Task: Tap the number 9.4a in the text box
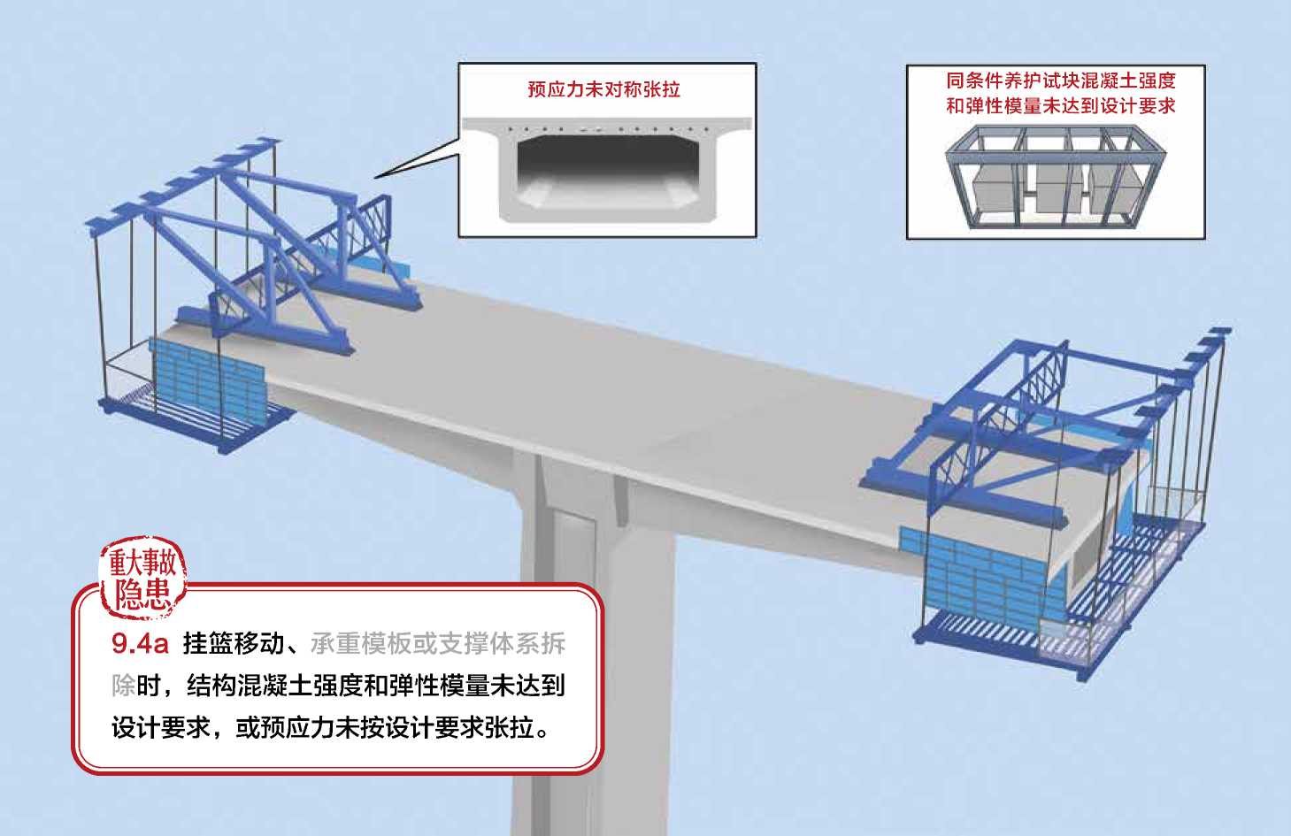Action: (140, 644)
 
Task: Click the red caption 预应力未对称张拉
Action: (603, 89)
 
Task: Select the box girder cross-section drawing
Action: (607, 168)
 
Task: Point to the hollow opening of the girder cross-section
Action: (607, 163)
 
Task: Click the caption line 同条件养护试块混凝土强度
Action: (1060, 81)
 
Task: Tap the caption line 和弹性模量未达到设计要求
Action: (1060, 106)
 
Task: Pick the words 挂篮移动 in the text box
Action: (234, 644)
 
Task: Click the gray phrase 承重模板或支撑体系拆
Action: (438, 644)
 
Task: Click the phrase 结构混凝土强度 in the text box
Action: (275, 686)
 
